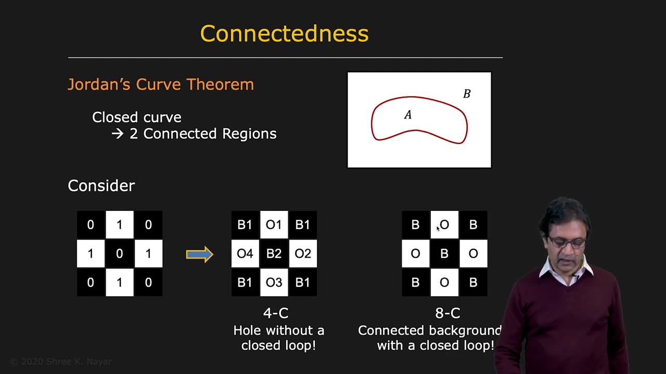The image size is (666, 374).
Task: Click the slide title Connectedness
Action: pos(284,34)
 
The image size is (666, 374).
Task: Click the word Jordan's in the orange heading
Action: pos(99,84)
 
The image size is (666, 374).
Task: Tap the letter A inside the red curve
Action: pos(408,115)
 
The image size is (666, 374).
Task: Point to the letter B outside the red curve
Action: pos(467,94)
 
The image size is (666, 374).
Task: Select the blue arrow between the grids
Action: pos(199,254)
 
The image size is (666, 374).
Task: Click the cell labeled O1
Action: pos(274,225)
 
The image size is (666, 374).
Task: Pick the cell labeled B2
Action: pos(274,253)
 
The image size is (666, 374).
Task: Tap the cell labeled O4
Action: pos(245,253)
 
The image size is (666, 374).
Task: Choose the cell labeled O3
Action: pos(274,282)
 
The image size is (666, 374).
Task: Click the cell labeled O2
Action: pos(303,253)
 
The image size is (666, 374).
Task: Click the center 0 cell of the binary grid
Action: pos(120,253)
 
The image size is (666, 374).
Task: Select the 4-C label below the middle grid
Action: pos(276,313)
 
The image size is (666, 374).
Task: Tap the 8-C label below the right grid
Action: pos(447,313)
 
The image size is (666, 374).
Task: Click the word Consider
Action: pos(101,186)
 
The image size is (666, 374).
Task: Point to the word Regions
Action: pos(249,134)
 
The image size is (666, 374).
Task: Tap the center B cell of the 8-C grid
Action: pos(444,253)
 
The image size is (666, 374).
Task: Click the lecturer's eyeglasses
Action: pos(567,243)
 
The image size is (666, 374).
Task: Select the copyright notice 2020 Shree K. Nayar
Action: pos(61,362)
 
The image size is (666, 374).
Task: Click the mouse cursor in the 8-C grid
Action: pos(438,229)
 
